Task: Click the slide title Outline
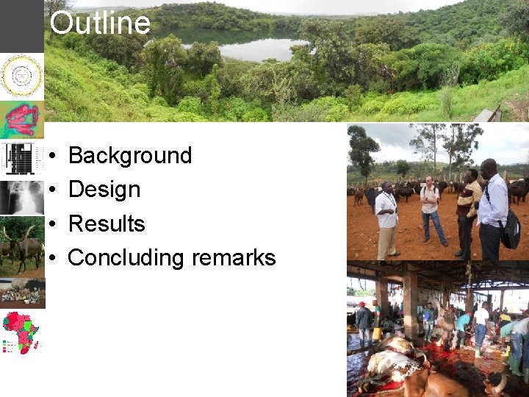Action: click(x=100, y=24)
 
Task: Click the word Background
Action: click(x=129, y=155)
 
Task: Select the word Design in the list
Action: click(x=104, y=190)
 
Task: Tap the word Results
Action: click(x=107, y=223)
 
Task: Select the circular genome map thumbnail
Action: click(x=21, y=75)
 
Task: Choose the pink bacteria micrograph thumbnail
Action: click(x=21, y=119)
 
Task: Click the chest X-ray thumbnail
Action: click(x=21, y=197)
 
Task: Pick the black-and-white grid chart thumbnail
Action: click(x=21, y=158)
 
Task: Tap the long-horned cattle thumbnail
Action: click(x=21, y=246)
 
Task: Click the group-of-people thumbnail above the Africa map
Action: click(x=21, y=293)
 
